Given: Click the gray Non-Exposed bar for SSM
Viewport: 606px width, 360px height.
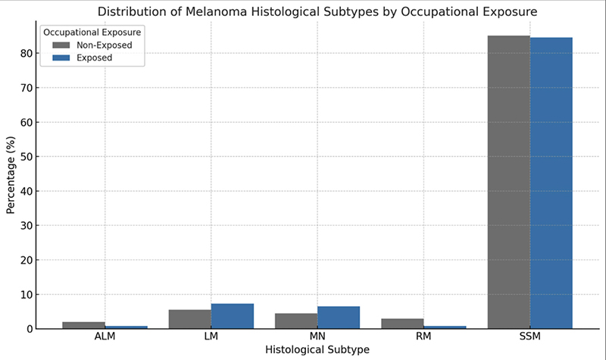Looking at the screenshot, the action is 508,182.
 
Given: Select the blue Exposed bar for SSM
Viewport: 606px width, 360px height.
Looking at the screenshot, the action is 551,183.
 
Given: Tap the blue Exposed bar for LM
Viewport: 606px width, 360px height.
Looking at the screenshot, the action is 233,316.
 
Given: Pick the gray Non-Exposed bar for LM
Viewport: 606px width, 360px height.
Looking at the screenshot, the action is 190,319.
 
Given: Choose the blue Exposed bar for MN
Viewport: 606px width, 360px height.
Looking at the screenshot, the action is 339,318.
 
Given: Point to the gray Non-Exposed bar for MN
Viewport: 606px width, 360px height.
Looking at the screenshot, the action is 296,321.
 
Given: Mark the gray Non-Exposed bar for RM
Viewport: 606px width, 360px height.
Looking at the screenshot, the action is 402,324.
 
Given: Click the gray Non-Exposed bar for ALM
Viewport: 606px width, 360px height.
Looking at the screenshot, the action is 83,325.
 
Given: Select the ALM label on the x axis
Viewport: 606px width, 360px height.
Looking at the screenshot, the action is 105,337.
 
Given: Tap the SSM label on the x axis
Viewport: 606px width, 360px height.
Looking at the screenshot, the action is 529,337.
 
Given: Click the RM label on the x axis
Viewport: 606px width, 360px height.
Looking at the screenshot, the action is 423,337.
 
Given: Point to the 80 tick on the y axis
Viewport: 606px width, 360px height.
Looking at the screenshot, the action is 27,53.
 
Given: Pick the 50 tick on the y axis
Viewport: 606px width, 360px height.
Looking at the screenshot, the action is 27,157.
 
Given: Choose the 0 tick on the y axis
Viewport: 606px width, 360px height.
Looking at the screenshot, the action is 30,329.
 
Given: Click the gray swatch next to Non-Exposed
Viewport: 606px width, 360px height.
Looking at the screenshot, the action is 61,45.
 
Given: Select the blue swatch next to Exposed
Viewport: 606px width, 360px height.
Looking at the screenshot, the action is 61,58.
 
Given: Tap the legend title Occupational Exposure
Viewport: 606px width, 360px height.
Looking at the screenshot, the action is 92,33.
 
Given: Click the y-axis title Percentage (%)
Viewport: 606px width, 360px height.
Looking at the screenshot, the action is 11,175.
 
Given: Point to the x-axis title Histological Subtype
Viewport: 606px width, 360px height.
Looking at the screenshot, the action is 317,349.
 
